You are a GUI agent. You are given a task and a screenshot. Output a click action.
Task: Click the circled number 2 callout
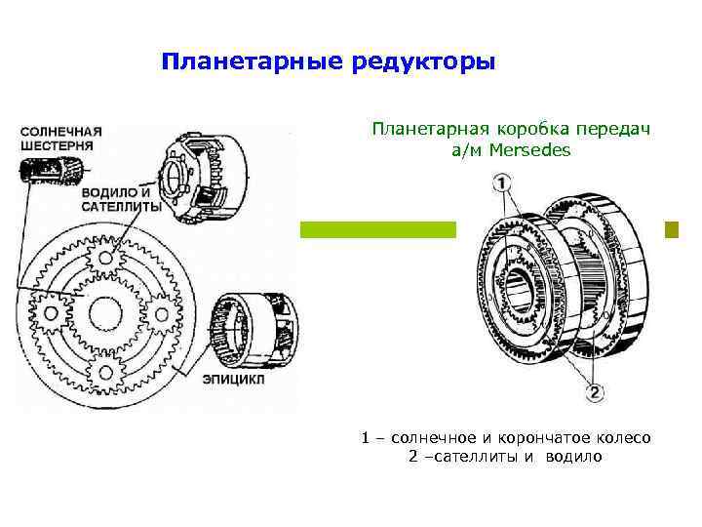(x=594, y=394)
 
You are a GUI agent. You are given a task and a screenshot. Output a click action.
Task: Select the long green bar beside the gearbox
(x=377, y=230)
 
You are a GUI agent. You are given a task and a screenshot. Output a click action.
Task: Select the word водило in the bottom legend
(x=574, y=456)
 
